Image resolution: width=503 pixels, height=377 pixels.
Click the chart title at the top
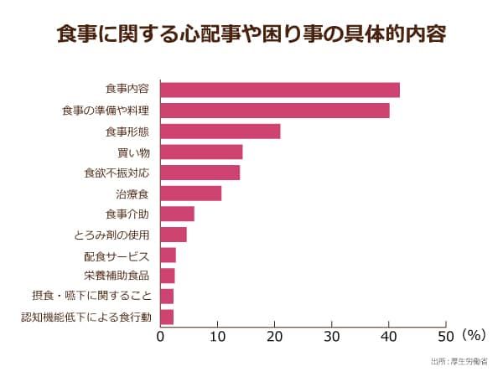[251, 35]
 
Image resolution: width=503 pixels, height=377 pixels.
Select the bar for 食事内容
[280, 90]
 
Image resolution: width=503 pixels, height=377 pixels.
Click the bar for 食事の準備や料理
[275, 111]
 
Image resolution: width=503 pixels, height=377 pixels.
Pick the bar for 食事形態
[220, 132]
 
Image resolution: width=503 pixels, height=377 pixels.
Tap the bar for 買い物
[201, 152]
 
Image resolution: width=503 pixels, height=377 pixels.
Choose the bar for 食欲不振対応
[200, 173]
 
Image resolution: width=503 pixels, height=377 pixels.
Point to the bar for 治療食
[191, 194]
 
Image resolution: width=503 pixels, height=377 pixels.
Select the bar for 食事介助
[177, 214]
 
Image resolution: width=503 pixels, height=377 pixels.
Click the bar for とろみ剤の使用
[174, 235]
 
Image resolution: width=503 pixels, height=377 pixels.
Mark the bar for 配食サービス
[168, 256]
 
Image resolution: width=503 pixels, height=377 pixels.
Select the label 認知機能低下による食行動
[86, 317]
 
